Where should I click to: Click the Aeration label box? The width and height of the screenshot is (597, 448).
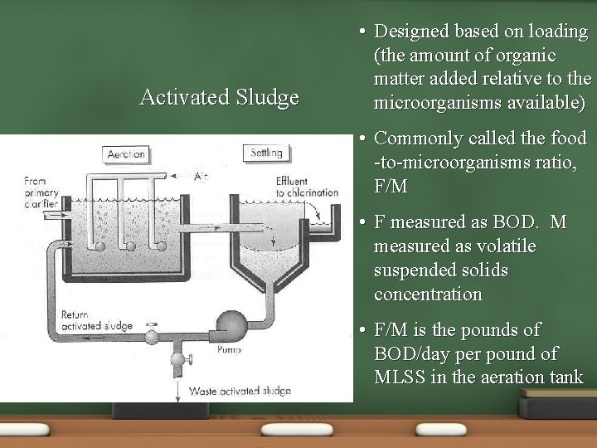(127, 154)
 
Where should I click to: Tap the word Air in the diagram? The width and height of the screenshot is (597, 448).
(201, 176)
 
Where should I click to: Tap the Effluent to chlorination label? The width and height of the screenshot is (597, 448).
(307, 187)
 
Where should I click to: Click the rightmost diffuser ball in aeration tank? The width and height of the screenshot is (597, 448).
(156, 245)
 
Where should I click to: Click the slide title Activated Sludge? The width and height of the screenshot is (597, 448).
(220, 97)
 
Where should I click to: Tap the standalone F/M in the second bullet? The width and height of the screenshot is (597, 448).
(391, 186)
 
